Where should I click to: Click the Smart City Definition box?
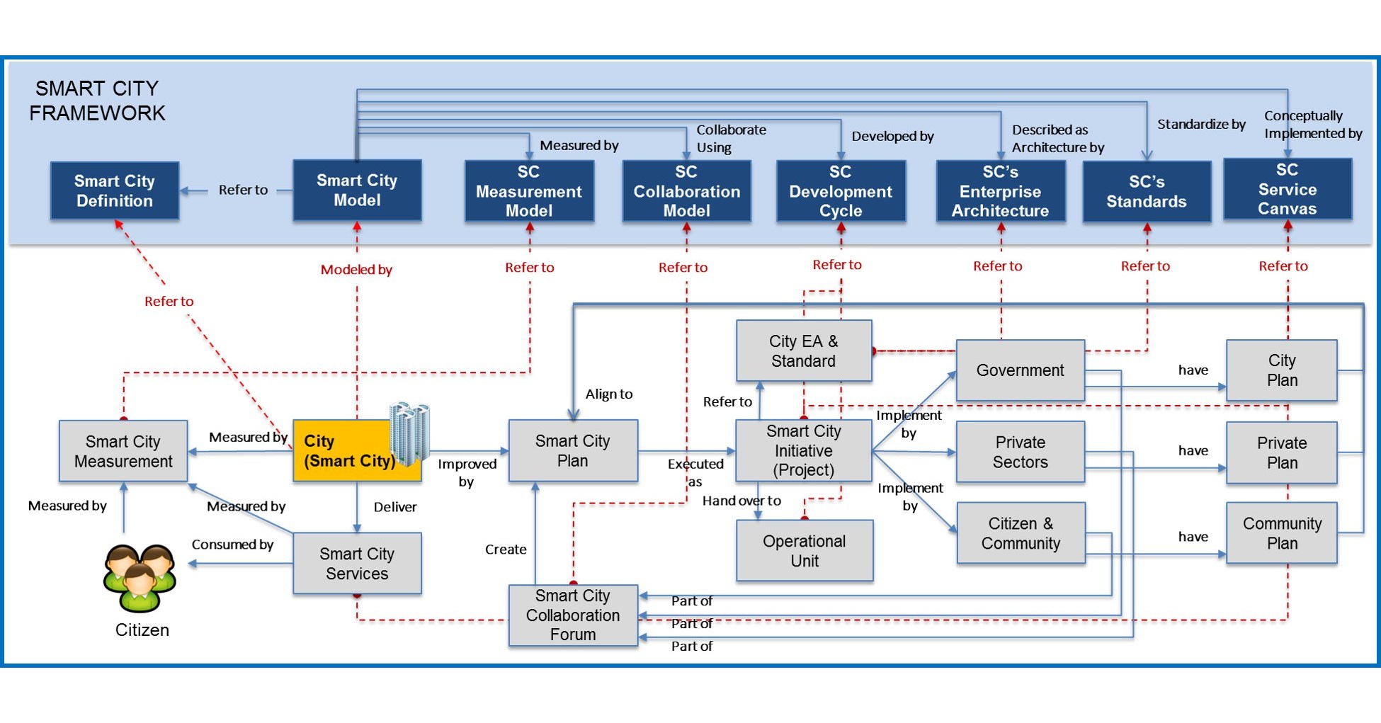coord(114,190)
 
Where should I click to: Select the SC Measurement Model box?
coord(528,191)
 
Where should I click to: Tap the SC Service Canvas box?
coord(1287,189)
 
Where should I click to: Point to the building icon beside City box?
coord(410,433)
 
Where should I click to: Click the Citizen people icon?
coord(140,576)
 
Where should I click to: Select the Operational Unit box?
coord(804,551)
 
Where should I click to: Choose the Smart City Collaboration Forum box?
coord(572,615)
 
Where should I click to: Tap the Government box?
coord(1020,370)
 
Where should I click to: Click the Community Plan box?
coord(1281,533)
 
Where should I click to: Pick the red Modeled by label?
coord(356,270)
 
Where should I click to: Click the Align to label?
coord(608,394)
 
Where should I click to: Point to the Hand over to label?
coord(741,501)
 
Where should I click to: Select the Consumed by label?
coord(232,545)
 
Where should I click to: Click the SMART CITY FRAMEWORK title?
coord(97,101)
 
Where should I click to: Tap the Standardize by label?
coord(1201,125)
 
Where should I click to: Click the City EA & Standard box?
coord(803,351)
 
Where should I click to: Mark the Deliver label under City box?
coord(395,507)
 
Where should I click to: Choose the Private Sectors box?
coord(1020,452)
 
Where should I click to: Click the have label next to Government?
coord(1193,370)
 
